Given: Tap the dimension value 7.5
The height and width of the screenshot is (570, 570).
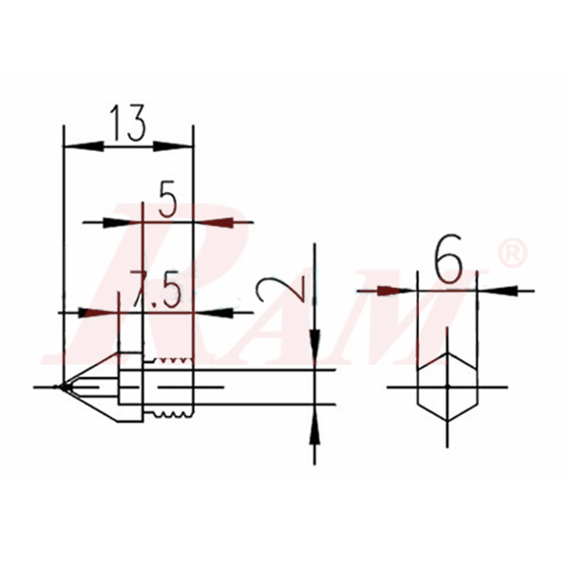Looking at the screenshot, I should point(157,290).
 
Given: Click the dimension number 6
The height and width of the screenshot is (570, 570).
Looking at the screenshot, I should point(446,257).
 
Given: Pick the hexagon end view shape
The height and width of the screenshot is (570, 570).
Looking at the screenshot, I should point(446,387).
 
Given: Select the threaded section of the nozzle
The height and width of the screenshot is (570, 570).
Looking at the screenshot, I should point(171,387).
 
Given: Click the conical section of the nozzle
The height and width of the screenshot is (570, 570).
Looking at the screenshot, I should point(90,386).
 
